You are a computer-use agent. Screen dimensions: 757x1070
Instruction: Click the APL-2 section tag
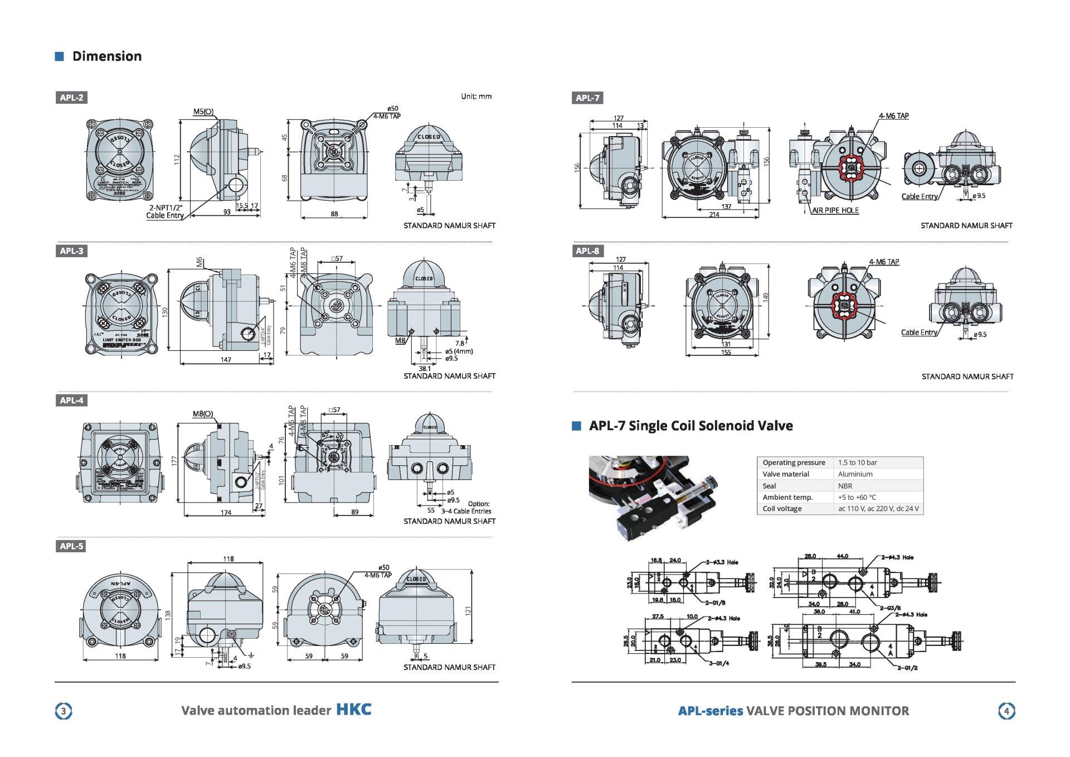(x=71, y=98)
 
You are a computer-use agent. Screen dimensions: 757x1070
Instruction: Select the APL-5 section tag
(x=71, y=546)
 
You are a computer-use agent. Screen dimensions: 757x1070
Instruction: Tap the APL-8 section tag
(x=587, y=251)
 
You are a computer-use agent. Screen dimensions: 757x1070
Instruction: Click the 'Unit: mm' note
(x=476, y=97)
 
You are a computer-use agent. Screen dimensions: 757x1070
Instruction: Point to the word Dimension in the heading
(x=107, y=56)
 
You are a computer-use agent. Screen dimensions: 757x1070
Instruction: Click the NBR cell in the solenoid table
(x=845, y=486)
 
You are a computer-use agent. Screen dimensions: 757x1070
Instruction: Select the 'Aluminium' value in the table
(x=855, y=474)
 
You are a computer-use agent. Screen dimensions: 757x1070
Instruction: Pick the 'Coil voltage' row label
(x=782, y=509)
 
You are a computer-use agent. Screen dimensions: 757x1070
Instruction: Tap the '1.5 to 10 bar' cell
(x=857, y=462)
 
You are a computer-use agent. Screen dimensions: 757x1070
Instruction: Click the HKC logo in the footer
(x=353, y=710)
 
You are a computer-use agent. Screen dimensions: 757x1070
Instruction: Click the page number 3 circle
(x=64, y=711)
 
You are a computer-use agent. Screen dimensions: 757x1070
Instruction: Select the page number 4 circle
(x=1006, y=711)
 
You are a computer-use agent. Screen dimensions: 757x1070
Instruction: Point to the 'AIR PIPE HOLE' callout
(x=835, y=210)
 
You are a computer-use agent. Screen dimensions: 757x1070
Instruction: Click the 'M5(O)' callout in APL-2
(x=203, y=112)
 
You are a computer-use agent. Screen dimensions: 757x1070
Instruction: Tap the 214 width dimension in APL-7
(x=714, y=215)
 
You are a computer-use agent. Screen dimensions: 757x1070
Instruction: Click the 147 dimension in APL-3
(x=226, y=360)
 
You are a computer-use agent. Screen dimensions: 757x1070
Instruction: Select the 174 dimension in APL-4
(x=226, y=513)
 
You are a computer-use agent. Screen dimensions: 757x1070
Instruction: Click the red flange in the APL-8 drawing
(x=844, y=306)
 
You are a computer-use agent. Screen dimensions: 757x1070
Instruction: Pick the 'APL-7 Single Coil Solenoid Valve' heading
(x=690, y=426)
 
